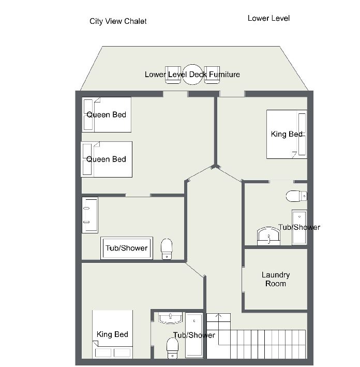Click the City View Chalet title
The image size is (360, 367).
pos(118,21)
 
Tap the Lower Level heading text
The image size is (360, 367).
pos(268,18)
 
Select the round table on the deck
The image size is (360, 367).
pos(192,75)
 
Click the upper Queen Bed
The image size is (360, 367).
pos(107,115)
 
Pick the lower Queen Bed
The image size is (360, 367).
pos(107,159)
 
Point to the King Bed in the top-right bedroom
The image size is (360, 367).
pos(287,135)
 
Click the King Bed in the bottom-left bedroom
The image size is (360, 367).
pos(113,334)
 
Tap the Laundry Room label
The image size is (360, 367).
pos(276,279)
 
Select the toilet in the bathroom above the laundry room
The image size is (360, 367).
pos(296,196)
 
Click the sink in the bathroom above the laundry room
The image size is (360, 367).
pos(268,236)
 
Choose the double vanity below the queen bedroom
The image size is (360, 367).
pos(90,215)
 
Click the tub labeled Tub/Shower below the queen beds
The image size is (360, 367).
pos(127,248)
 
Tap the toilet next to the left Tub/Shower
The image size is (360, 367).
pos(167,249)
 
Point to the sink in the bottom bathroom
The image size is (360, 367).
pos(170,318)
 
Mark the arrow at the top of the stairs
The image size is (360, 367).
pos(218,316)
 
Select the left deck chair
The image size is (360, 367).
pos(173,75)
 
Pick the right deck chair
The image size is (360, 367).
pos(212,75)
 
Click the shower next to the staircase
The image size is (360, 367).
pos(194,335)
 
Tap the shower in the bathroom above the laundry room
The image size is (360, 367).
pos(299,227)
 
